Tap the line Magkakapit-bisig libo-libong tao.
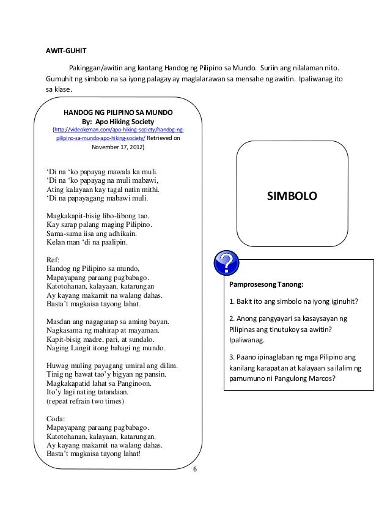(97, 216)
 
